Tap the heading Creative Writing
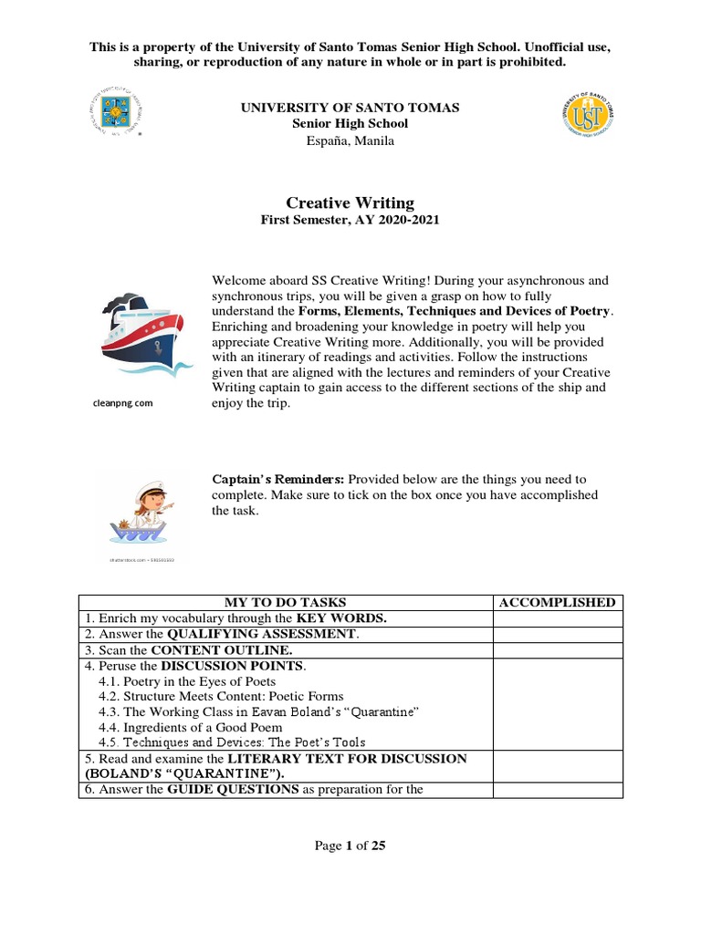(350, 203)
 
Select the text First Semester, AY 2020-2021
(350, 221)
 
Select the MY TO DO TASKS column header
(286, 602)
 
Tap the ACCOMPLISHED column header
(558, 602)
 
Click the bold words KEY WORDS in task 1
(342, 617)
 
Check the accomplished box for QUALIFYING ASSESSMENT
(558, 634)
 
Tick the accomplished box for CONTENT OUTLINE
(558, 649)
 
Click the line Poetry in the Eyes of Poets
(186, 681)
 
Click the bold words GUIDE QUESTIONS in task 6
(233, 789)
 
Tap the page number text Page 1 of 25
(350, 846)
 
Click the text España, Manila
(350, 140)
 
